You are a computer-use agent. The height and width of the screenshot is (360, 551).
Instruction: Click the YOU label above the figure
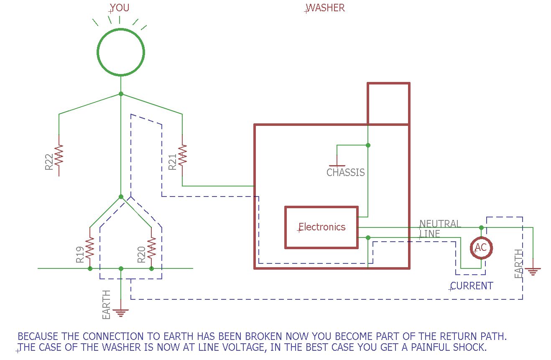(x=120, y=8)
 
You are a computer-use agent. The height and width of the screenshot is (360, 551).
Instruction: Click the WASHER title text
(x=326, y=8)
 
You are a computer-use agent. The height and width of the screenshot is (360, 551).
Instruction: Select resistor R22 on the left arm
(x=59, y=155)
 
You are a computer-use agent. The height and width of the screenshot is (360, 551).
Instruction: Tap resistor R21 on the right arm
(x=182, y=155)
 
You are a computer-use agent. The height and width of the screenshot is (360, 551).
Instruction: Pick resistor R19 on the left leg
(x=90, y=248)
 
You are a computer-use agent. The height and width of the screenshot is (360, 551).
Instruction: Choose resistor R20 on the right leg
(x=151, y=248)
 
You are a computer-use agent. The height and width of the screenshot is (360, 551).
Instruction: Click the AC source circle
(x=481, y=248)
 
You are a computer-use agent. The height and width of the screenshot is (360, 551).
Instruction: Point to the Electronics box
(x=321, y=227)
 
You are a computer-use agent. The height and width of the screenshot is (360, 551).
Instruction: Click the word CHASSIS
(x=345, y=172)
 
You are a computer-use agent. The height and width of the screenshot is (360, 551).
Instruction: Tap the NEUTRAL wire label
(x=440, y=224)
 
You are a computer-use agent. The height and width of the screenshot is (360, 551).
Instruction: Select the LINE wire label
(x=429, y=234)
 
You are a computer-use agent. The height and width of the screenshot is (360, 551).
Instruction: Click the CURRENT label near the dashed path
(x=472, y=286)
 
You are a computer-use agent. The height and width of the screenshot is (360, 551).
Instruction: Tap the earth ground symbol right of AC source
(x=533, y=271)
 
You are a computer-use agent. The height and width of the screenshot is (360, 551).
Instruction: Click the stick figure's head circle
(x=121, y=53)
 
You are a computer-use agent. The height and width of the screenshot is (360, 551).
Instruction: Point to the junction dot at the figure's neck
(x=121, y=94)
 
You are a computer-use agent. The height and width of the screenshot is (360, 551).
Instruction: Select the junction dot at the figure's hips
(x=121, y=197)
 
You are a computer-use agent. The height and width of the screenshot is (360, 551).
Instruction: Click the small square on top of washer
(x=388, y=104)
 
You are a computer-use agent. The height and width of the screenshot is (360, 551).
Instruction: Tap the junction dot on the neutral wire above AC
(x=481, y=227)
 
